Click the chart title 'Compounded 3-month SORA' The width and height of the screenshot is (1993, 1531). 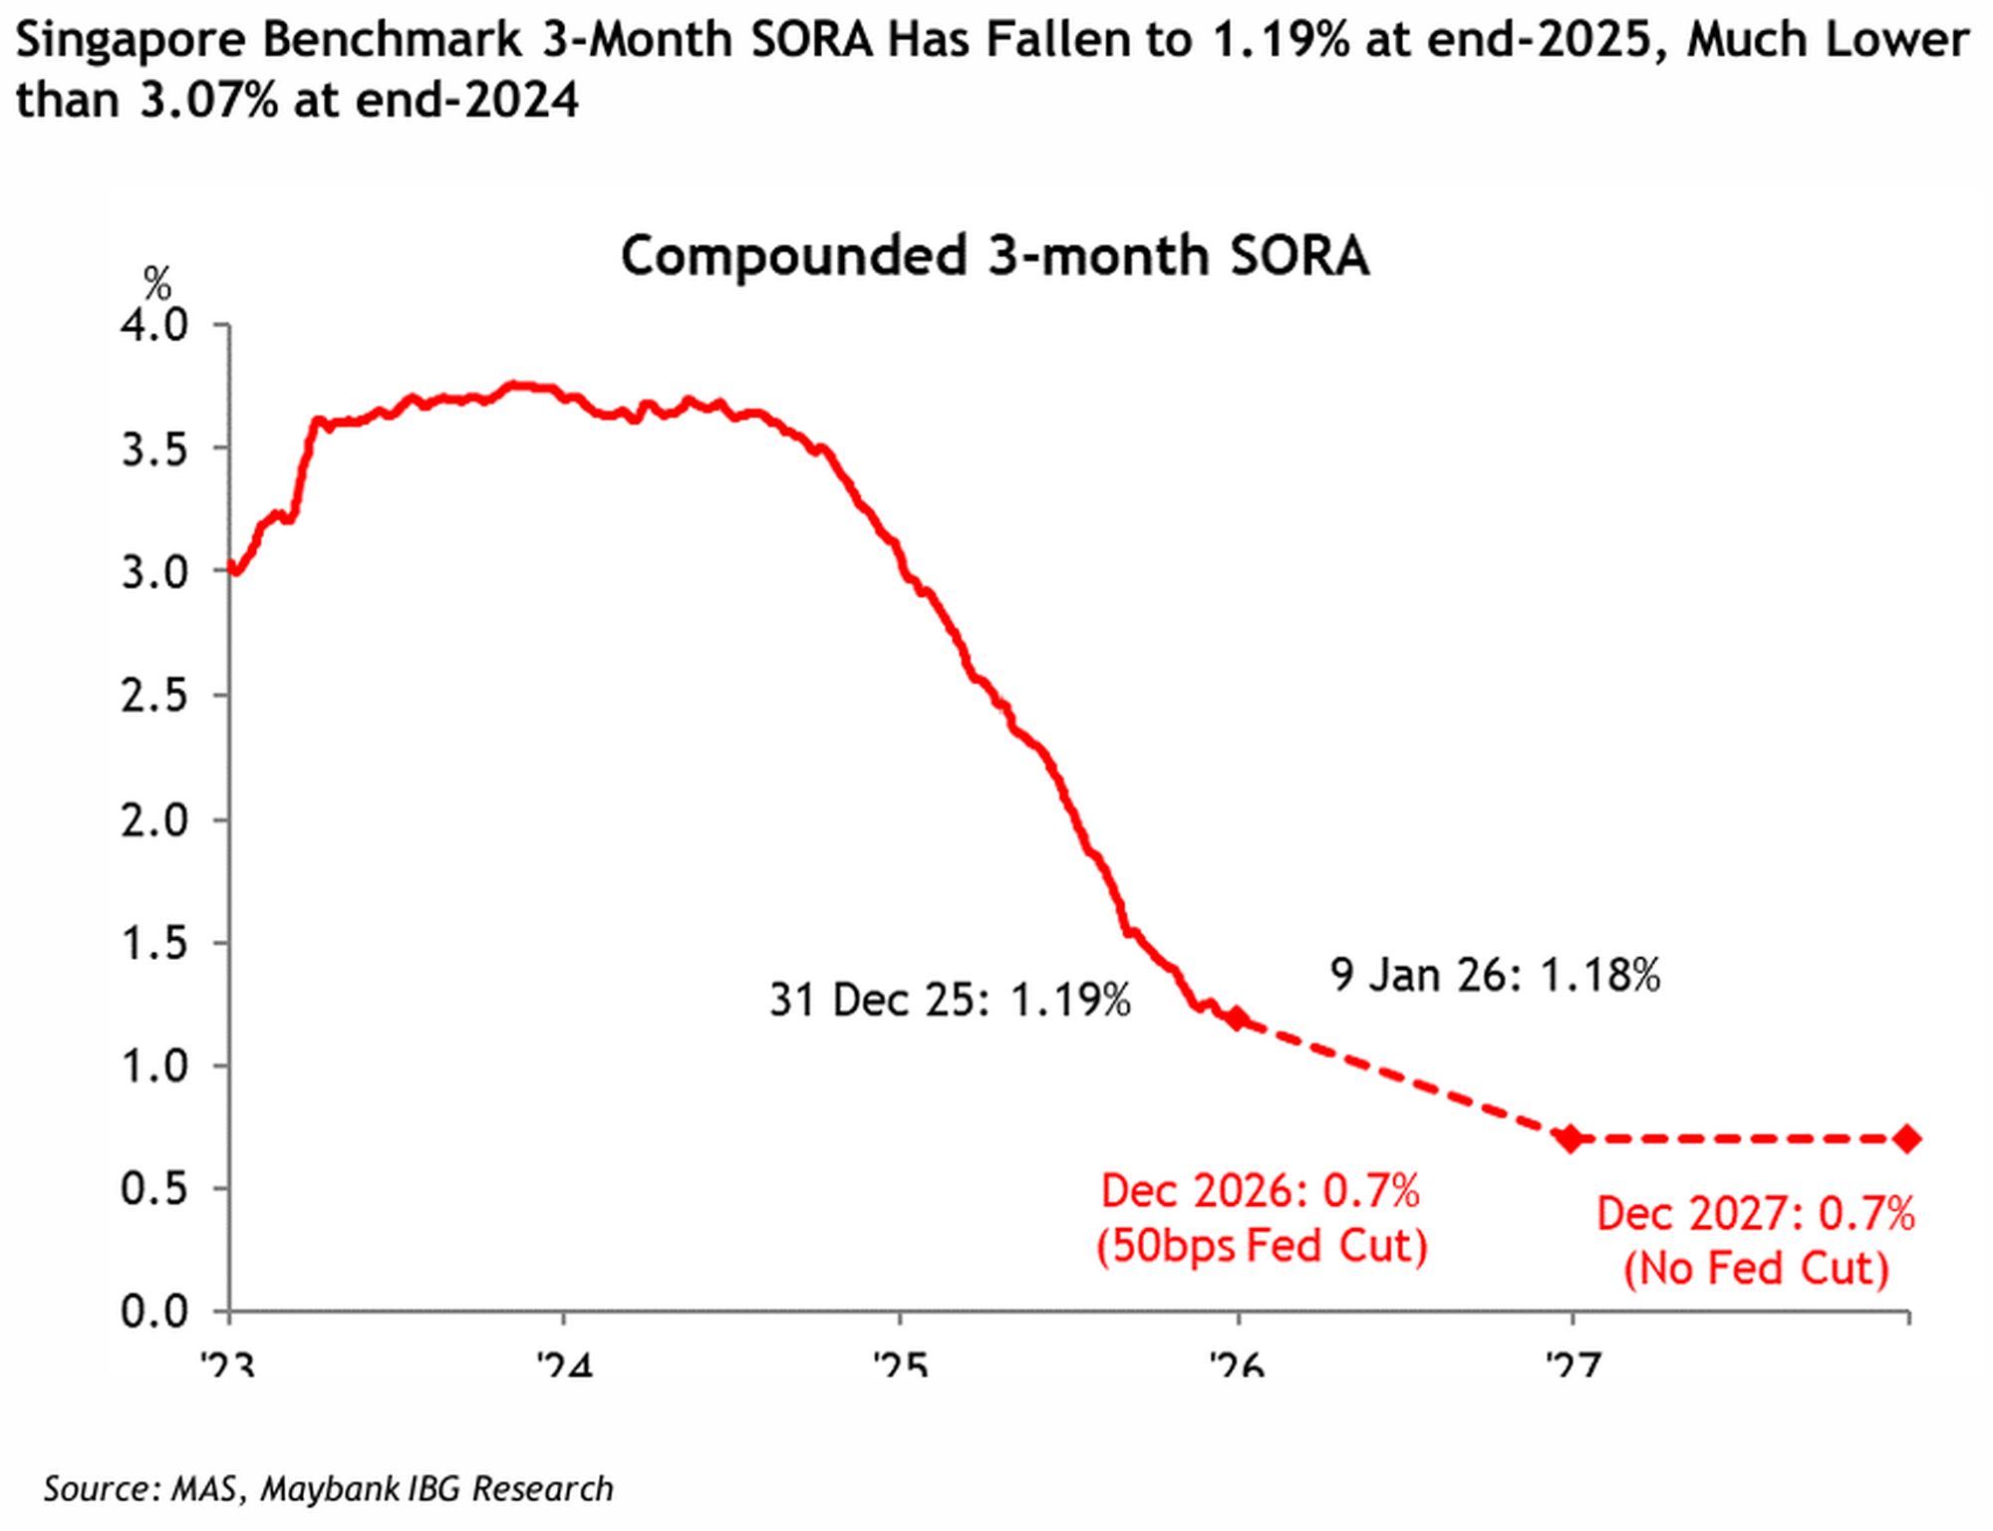tap(995, 255)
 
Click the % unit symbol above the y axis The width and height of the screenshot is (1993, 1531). tap(157, 284)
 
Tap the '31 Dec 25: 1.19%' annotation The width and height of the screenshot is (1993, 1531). tap(950, 1000)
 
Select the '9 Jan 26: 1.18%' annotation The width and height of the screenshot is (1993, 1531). tap(1495, 975)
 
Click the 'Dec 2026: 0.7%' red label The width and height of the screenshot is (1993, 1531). tap(1261, 1191)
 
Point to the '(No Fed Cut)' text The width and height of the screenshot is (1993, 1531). tap(1756, 1269)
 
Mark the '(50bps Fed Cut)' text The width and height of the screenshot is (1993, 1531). tap(1262, 1246)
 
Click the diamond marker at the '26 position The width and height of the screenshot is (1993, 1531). tap(1238, 1018)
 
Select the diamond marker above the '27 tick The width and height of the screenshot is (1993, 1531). tap(1571, 1138)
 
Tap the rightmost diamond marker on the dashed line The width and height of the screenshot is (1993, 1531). tap(1907, 1138)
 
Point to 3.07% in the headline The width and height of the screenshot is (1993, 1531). tap(208, 100)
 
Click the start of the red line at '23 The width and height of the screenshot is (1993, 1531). tap(232, 568)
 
